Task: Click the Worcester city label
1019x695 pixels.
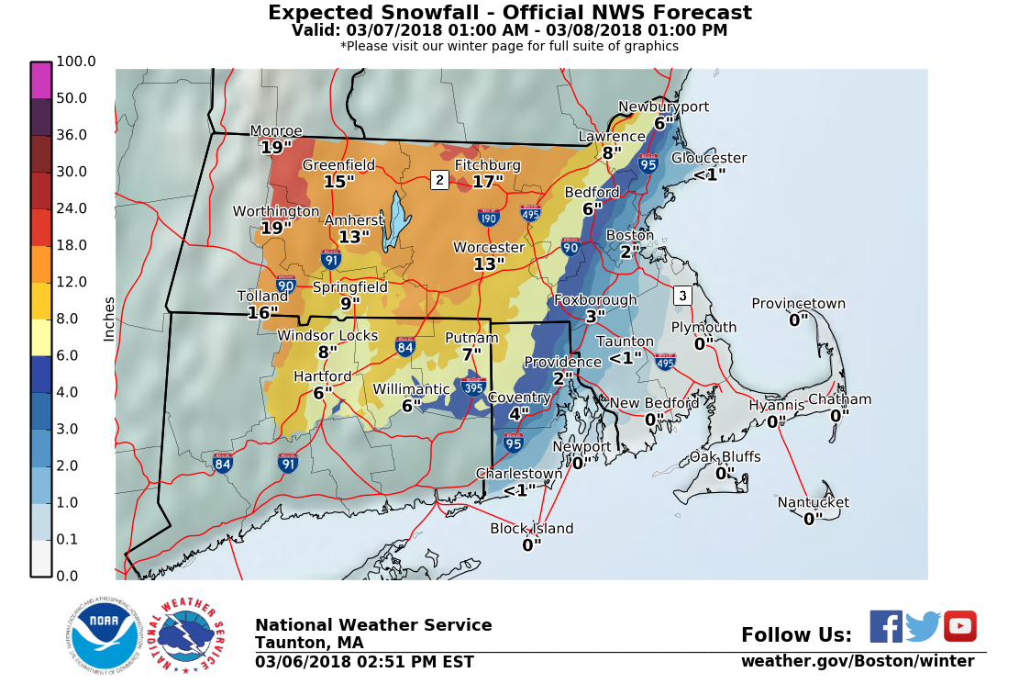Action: tap(489, 248)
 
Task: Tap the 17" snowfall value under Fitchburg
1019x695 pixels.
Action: tap(488, 182)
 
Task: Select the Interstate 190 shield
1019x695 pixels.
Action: tap(488, 218)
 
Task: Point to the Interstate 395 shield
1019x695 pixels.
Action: tap(473, 387)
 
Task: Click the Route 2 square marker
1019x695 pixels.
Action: tap(439, 180)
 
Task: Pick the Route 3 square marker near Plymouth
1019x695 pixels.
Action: tap(681, 296)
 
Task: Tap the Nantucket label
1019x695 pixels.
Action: tap(813, 502)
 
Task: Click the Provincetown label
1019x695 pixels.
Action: tap(798, 304)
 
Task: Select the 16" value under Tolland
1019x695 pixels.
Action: tap(262, 313)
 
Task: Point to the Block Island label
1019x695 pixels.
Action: tap(531, 529)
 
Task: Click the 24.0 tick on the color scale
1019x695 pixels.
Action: tap(71, 208)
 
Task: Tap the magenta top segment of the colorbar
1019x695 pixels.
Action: tap(41, 80)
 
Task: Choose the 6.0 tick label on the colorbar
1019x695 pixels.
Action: tap(71, 355)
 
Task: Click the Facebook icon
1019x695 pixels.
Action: tap(885, 626)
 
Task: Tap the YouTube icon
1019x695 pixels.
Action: tap(959, 626)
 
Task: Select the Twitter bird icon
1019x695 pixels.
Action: tap(923, 626)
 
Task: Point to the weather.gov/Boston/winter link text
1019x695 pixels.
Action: tap(857, 661)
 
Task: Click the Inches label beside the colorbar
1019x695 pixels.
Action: tap(109, 319)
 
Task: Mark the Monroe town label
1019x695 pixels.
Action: tap(275, 131)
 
